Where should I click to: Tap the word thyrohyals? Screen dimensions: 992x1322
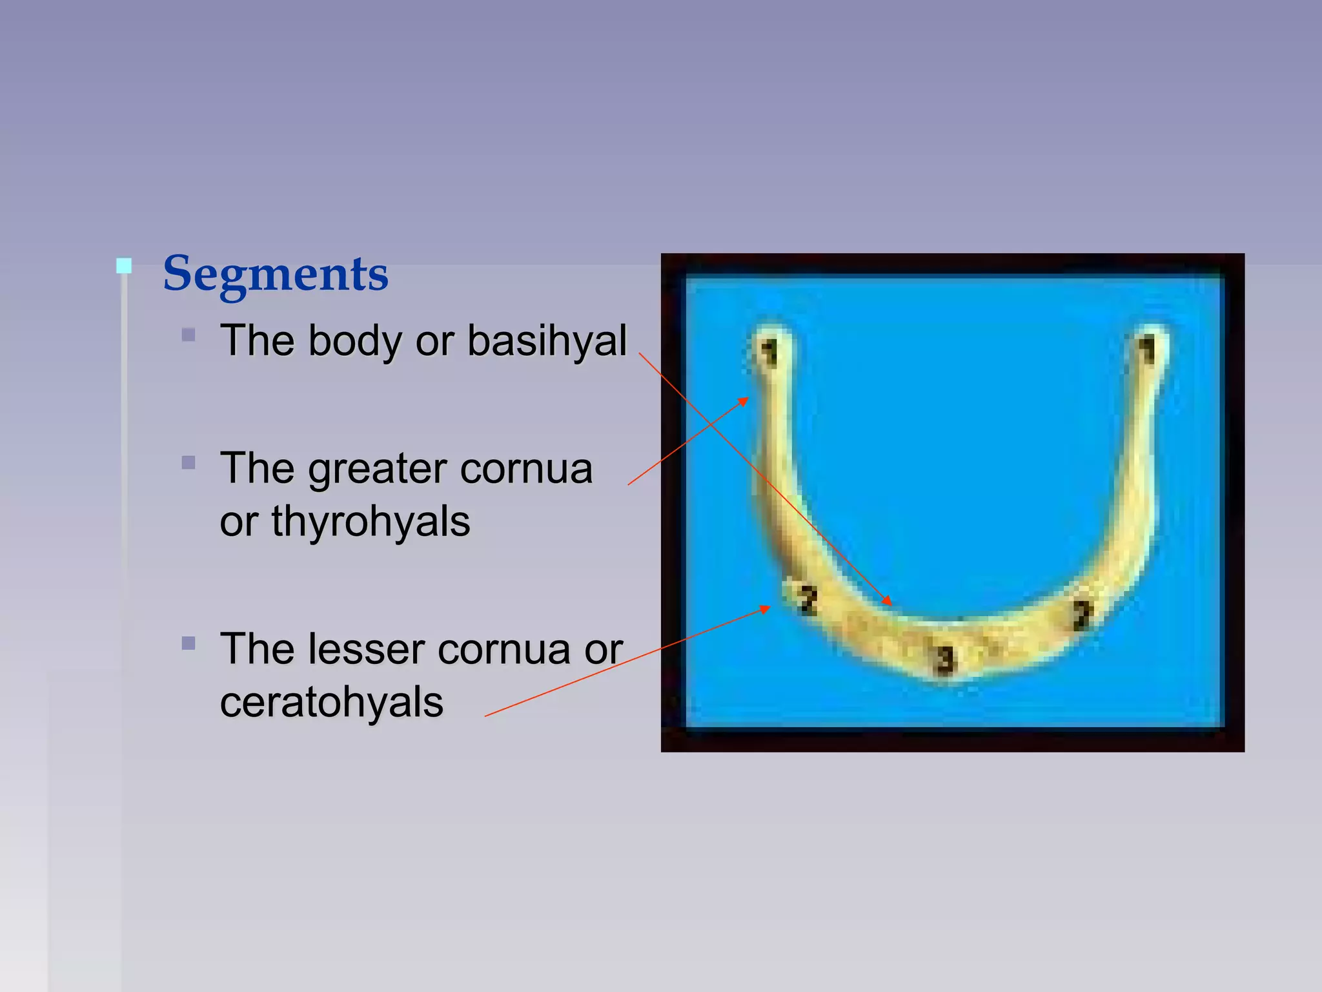tap(371, 522)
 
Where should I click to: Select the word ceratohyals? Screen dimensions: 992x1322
tap(331, 703)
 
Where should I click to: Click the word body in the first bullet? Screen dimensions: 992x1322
tap(354, 341)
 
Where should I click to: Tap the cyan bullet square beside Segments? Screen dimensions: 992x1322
tap(124, 265)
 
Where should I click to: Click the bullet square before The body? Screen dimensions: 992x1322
tap(188, 335)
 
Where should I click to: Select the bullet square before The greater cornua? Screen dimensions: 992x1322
tap(188, 462)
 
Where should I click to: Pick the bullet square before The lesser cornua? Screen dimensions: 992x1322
tap(188, 643)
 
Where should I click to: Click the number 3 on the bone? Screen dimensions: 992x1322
tap(945, 660)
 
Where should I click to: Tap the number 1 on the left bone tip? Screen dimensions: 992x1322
tap(768, 353)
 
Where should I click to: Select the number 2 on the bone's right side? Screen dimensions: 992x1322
tap(1082, 614)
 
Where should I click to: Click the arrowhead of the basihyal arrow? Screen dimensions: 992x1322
tap(889, 602)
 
